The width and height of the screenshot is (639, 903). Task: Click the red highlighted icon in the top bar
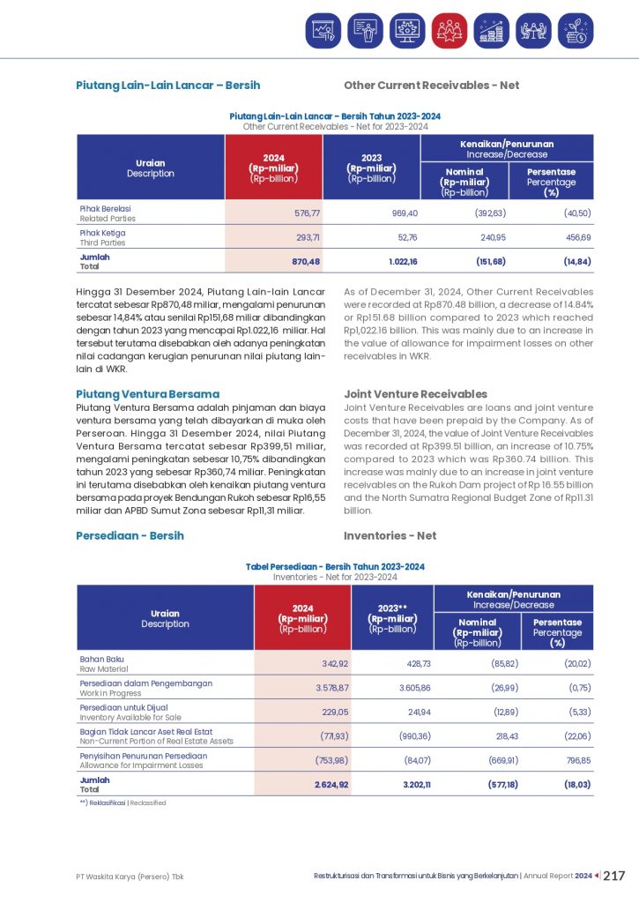450,31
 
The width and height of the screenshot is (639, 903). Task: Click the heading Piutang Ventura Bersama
147,394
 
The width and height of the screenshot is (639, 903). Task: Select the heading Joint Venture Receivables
414,394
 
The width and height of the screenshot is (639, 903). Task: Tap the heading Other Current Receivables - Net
431,86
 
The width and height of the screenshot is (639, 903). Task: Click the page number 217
614,876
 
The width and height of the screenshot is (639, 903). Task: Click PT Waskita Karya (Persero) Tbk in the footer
130,877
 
